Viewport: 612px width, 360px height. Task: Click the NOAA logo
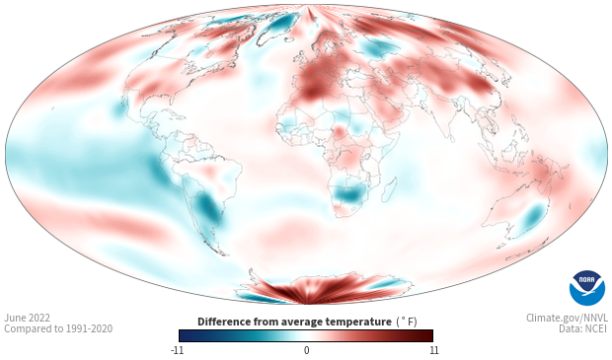click(586, 287)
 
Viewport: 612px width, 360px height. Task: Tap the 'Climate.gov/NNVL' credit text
click(567, 318)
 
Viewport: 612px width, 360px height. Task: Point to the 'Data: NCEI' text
click(581, 329)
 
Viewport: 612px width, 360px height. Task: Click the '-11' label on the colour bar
click(178, 350)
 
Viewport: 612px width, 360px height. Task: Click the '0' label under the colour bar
click(306, 350)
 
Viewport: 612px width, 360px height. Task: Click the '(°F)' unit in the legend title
click(406, 321)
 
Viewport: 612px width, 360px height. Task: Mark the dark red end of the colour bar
click(427, 335)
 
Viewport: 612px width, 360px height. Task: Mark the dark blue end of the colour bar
click(184, 335)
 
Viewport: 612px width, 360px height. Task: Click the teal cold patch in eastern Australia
click(533, 215)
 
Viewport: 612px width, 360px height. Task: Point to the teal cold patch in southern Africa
click(347, 194)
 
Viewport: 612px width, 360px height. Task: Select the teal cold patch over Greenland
click(283, 22)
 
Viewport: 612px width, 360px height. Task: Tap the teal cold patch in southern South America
click(207, 208)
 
